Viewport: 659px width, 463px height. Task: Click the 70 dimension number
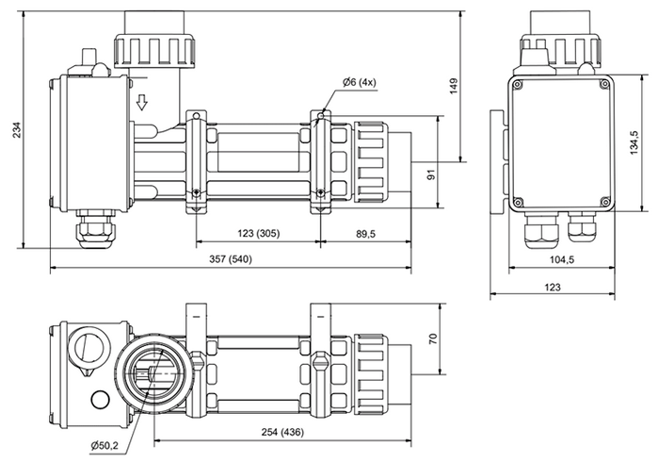(432, 340)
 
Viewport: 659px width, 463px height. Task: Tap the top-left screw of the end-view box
(517, 84)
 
